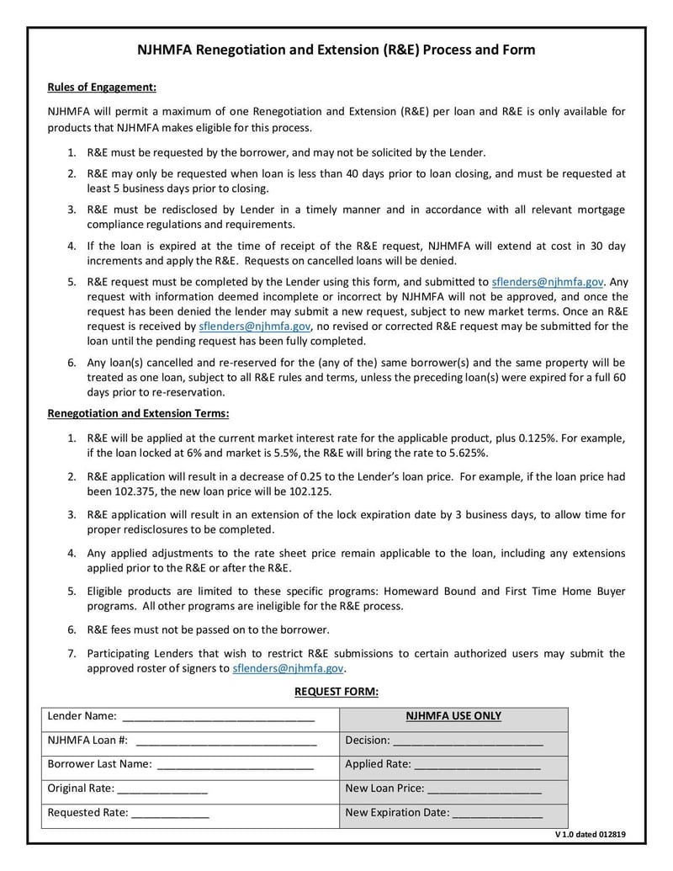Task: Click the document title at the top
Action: coord(336,50)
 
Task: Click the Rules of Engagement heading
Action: coord(102,88)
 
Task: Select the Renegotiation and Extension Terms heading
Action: coord(138,413)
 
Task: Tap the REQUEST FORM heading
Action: coord(336,692)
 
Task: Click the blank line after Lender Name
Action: coord(218,717)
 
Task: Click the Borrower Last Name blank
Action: coord(235,765)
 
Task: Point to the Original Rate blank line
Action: coord(162,789)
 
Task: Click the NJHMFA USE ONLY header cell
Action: coord(453,717)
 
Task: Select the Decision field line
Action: coord(468,741)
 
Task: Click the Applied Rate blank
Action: coord(477,765)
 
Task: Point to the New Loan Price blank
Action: coord(485,789)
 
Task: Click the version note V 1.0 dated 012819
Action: coord(590,836)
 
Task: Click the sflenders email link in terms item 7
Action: coord(288,669)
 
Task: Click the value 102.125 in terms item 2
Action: coord(308,491)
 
